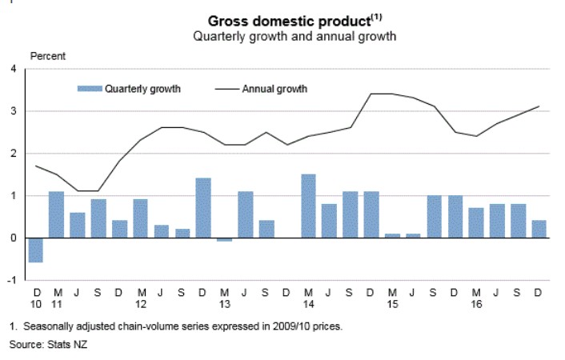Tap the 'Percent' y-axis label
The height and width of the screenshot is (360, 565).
point(48,56)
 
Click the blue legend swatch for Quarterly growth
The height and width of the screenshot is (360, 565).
point(90,89)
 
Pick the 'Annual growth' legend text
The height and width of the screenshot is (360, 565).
point(274,89)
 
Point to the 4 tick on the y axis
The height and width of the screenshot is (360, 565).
point(14,69)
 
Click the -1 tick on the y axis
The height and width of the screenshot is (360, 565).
point(12,280)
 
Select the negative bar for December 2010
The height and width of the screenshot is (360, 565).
point(35,250)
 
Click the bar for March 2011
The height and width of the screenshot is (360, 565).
point(56,214)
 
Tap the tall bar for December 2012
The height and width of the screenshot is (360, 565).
point(203,208)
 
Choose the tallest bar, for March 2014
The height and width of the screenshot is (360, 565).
point(308,206)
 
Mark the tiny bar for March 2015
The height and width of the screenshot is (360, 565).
point(391,235)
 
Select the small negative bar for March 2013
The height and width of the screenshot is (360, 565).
point(224,239)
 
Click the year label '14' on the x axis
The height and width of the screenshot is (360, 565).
point(308,306)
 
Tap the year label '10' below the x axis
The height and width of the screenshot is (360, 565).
point(35,306)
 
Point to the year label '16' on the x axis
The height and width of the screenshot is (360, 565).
point(476,306)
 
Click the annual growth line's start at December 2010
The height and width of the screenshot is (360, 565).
point(35,166)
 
